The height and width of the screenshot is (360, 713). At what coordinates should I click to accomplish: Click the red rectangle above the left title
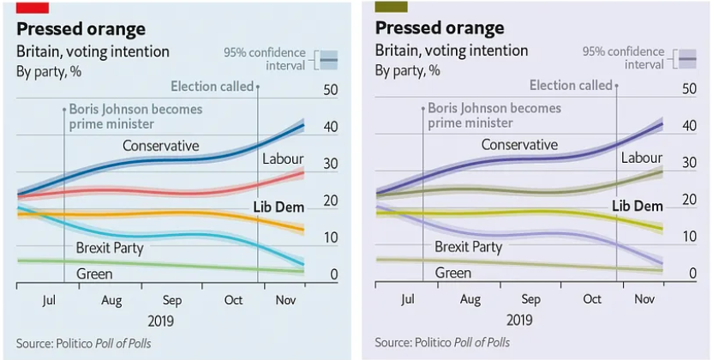tap(32, 7)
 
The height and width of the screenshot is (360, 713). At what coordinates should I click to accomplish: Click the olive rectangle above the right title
tap(390, 7)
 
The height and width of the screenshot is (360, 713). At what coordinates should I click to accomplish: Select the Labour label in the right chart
tap(641, 158)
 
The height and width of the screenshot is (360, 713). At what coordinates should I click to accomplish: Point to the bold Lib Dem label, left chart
tap(279, 207)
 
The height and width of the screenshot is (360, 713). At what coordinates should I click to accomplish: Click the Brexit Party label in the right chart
tap(468, 247)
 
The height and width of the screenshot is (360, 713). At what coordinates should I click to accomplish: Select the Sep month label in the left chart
tap(172, 300)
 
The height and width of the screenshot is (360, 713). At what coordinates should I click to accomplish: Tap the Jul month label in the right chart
tap(408, 300)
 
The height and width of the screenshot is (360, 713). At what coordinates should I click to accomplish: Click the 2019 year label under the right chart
tap(518, 320)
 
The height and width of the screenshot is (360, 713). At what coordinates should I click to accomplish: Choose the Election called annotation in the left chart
tap(212, 87)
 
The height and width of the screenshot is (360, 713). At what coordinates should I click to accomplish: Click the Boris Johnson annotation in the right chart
tap(494, 116)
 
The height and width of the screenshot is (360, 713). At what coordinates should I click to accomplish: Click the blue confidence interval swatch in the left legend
tap(328, 58)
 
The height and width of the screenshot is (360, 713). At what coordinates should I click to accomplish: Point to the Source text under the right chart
tap(442, 343)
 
